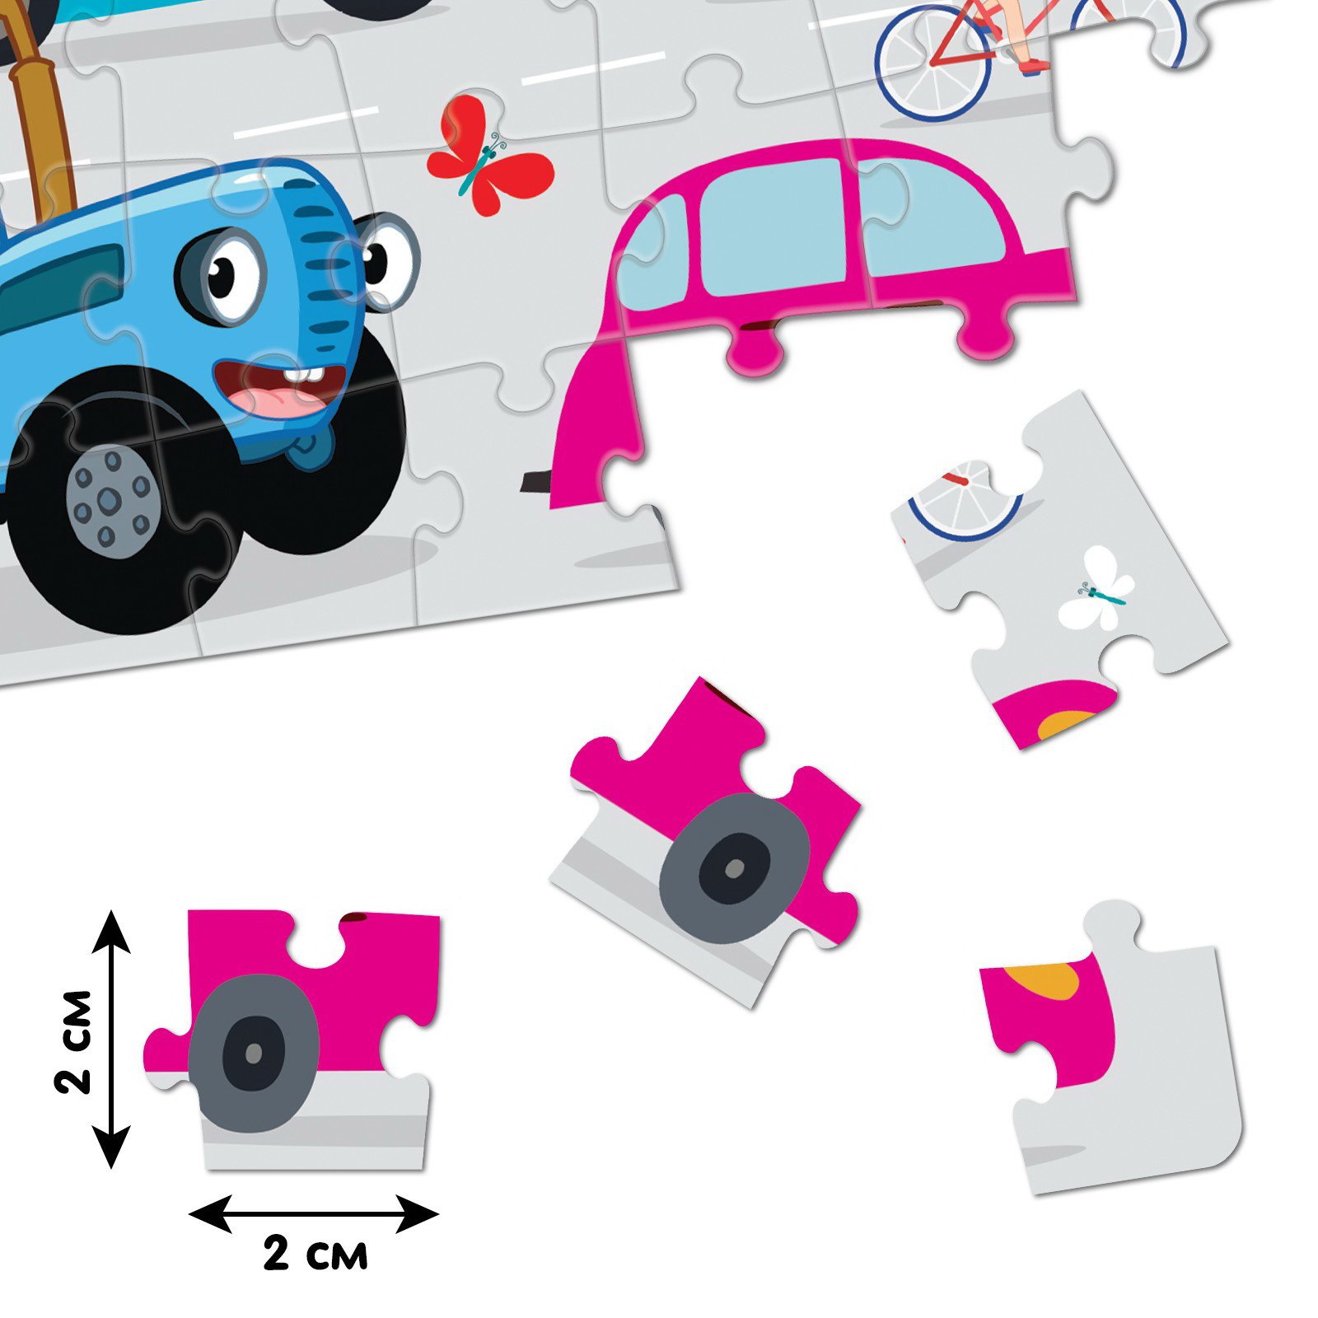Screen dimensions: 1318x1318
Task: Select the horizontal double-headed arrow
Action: (x=313, y=1214)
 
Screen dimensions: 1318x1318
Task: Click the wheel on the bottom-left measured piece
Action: (x=254, y=1052)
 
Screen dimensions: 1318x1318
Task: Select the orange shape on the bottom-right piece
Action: (x=1046, y=980)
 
